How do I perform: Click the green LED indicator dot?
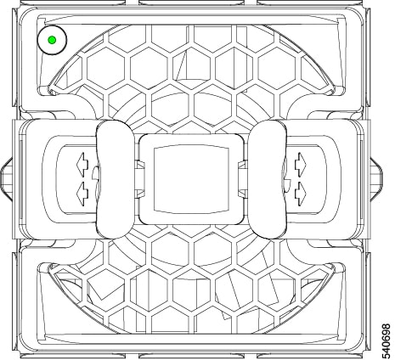[52, 40]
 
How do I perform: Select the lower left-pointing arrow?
[82, 194]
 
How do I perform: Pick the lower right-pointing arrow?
[301, 194]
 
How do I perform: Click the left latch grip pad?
[115, 179]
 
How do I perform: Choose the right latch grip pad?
[268, 179]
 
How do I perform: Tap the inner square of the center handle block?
[191, 179]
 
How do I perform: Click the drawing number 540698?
[386, 341]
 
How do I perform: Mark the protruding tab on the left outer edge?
[6, 179]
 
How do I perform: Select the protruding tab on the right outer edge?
[376, 179]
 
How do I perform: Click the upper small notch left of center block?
[139, 165]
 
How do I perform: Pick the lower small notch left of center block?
[139, 194]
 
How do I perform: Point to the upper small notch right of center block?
[243, 165]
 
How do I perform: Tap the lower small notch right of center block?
[243, 194]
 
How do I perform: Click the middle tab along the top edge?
[191, 3]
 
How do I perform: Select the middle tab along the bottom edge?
[191, 357]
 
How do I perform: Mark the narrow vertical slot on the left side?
[20, 179]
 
